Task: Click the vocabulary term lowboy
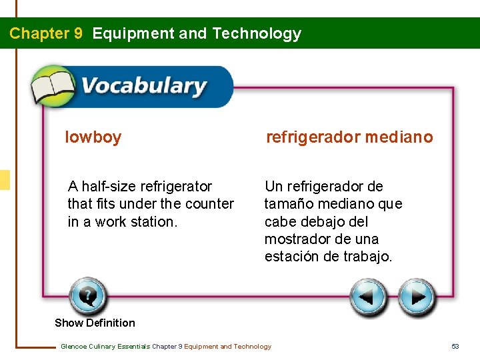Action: coord(93,138)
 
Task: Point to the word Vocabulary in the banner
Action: coord(143,87)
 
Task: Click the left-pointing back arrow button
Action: coord(369,297)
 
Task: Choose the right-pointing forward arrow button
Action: coord(417,297)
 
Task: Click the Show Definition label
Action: coord(95,323)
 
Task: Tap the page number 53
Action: coord(455,346)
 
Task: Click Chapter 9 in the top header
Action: coord(46,33)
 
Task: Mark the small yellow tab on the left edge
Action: coord(5,180)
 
